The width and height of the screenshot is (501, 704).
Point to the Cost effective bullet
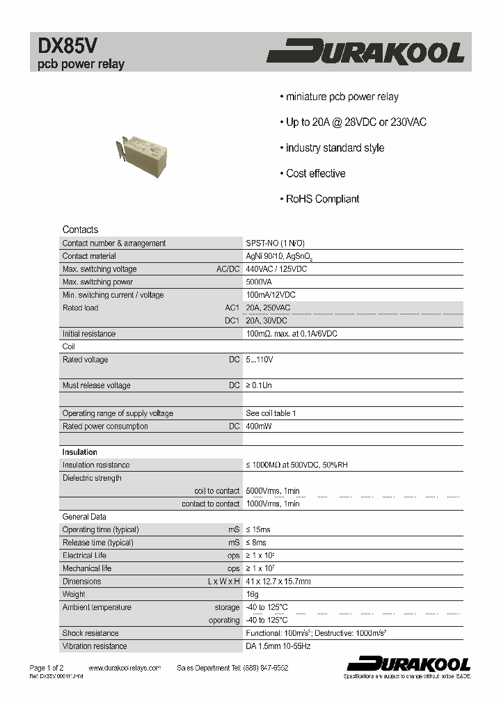click(x=315, y=173)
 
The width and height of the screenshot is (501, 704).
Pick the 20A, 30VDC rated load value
click(x=267, y=321)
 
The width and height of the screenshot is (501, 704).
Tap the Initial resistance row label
click(x=89, y=334)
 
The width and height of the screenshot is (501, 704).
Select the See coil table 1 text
click(x=271, y=413)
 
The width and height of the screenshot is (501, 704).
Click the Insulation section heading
click(x=80, y=452)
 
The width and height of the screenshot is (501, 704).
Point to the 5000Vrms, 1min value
click(x=273, y=491)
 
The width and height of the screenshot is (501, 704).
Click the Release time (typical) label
click(x=97, y=543)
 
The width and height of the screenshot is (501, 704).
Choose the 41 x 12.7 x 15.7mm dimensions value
click(x=278, y=582)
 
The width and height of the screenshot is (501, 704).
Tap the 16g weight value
click(x=252, y=595)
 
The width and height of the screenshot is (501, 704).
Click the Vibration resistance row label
click(x=95, y=646)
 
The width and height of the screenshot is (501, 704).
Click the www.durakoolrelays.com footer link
click(x=125, y=668)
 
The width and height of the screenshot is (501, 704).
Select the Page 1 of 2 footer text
click(x=46, y=668)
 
